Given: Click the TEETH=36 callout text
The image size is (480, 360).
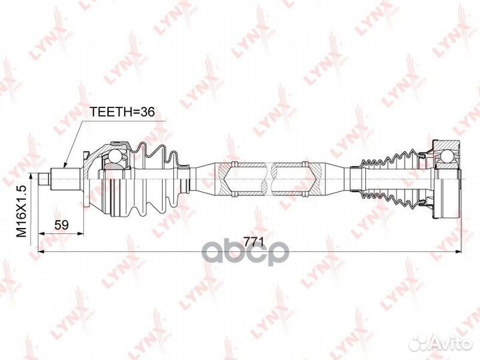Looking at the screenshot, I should [121, 113].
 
